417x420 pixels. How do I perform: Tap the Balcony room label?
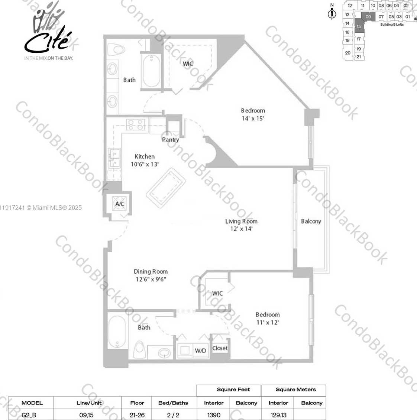coord(311,221)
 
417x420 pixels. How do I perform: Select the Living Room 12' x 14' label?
coord(241,225)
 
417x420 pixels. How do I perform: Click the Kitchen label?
coord(145,156)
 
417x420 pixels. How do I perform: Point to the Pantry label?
coord(170,140)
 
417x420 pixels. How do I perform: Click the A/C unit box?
coord(119,204)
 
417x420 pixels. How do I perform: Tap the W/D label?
coord(200,351)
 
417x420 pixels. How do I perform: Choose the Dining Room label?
coord(151,271)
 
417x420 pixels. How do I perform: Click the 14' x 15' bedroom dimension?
coord(253,118)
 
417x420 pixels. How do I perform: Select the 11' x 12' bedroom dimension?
coord(267,322)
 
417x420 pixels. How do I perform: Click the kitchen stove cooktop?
coord(135,124)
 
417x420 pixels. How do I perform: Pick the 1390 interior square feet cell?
coord(214,415)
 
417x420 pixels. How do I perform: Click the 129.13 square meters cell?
coord(278,415)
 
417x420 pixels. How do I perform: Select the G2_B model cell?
coord(29,415)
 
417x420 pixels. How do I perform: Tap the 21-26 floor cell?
coord(137,415)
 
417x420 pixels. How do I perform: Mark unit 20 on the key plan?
coord(347,53)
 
